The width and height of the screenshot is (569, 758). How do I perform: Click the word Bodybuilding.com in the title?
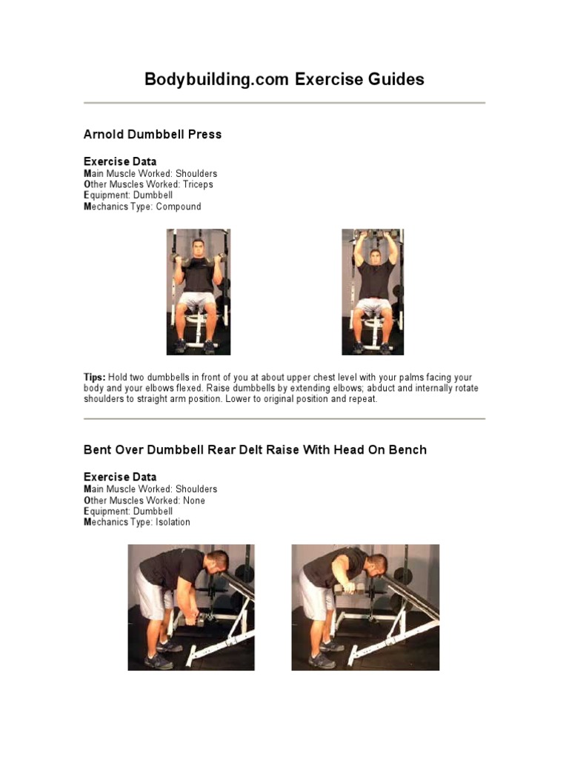(x=216, y=79)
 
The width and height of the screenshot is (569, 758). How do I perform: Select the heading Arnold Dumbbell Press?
(x=153, y=135)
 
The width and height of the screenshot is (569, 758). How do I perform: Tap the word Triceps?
(x=198, y=184)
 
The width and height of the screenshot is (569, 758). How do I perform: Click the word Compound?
(x=179, y=207)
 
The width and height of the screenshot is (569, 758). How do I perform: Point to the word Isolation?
(x=173, y=522)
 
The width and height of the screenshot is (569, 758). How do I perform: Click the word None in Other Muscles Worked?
(x=194, y=500)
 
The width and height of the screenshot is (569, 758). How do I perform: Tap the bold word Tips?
(x=94, y=378)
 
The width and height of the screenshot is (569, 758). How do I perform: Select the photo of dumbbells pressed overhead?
(x=373, y=292)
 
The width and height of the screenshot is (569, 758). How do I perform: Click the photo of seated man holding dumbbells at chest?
(x=199, y=292)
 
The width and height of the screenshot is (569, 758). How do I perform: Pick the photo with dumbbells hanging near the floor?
(x=191, y=607)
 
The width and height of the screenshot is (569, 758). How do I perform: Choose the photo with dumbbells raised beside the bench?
(x=365, y=607)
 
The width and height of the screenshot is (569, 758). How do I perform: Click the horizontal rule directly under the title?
(x=284, y=103)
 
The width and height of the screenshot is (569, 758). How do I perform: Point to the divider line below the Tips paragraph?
(x=284, y=419)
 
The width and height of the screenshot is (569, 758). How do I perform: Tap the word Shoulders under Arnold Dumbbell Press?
(x=196, y=173)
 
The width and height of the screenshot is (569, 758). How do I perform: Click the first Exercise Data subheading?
(x=120, y=161)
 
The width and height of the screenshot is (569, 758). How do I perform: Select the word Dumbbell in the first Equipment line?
(x=153, y=195)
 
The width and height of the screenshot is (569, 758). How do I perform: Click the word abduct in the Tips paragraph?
(x=380, y=388)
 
